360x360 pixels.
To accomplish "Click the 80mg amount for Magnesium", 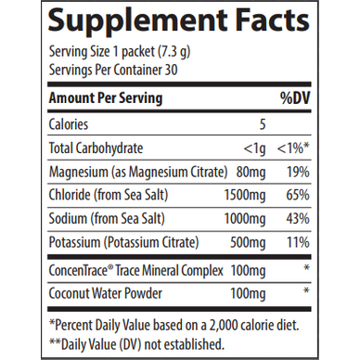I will pos(246,171).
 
